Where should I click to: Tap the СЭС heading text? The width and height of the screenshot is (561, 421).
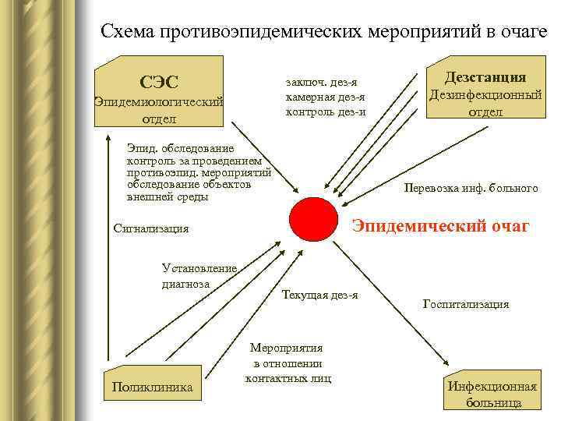point(158,81)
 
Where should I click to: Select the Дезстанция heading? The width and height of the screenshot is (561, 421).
point(485,76)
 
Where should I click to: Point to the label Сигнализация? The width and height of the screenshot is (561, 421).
point(151,228)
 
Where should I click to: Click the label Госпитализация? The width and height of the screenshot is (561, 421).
point(466,304)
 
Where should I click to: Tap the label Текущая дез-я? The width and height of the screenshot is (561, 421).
point(320,295)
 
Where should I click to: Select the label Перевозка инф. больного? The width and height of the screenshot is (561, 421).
point(471,188)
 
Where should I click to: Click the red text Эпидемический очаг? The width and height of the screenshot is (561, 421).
point(441,226)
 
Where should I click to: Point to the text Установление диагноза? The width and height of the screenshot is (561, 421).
point(198,276)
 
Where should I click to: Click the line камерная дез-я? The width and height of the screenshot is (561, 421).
point(326,97)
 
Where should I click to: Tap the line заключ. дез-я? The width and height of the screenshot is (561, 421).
point(322,83)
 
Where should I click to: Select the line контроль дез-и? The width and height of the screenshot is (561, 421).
point(326,111)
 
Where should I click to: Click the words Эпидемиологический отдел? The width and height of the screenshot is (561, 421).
point(158,110)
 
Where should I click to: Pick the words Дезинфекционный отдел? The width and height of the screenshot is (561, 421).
point(485,103)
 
